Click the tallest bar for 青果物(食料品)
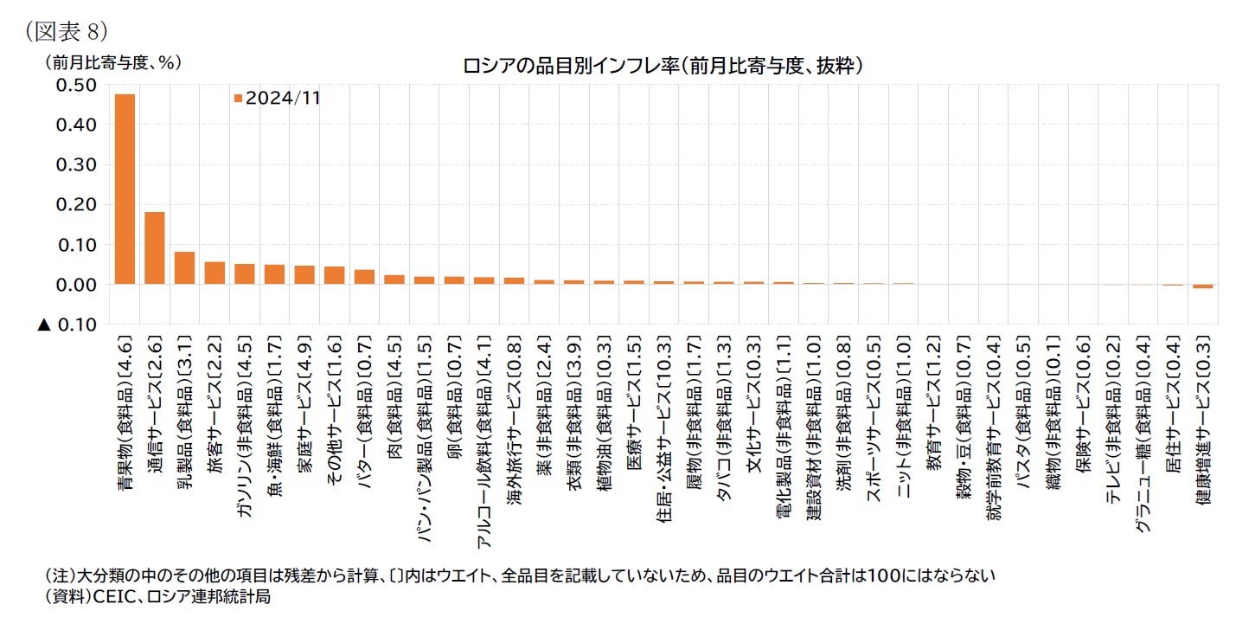coord(125,189)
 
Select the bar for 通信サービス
coord(155,247)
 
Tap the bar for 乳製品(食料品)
coord(185,267)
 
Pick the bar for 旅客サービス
coord(215,273)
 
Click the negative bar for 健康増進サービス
coord(1203,286)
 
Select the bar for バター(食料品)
coord(365,277)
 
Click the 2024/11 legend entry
coord(278,98)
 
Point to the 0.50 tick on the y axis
coord(76,85)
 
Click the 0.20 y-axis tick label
coord(76,205)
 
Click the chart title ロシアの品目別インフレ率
coord(663,65)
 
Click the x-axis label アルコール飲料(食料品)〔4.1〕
coord(484,441)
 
